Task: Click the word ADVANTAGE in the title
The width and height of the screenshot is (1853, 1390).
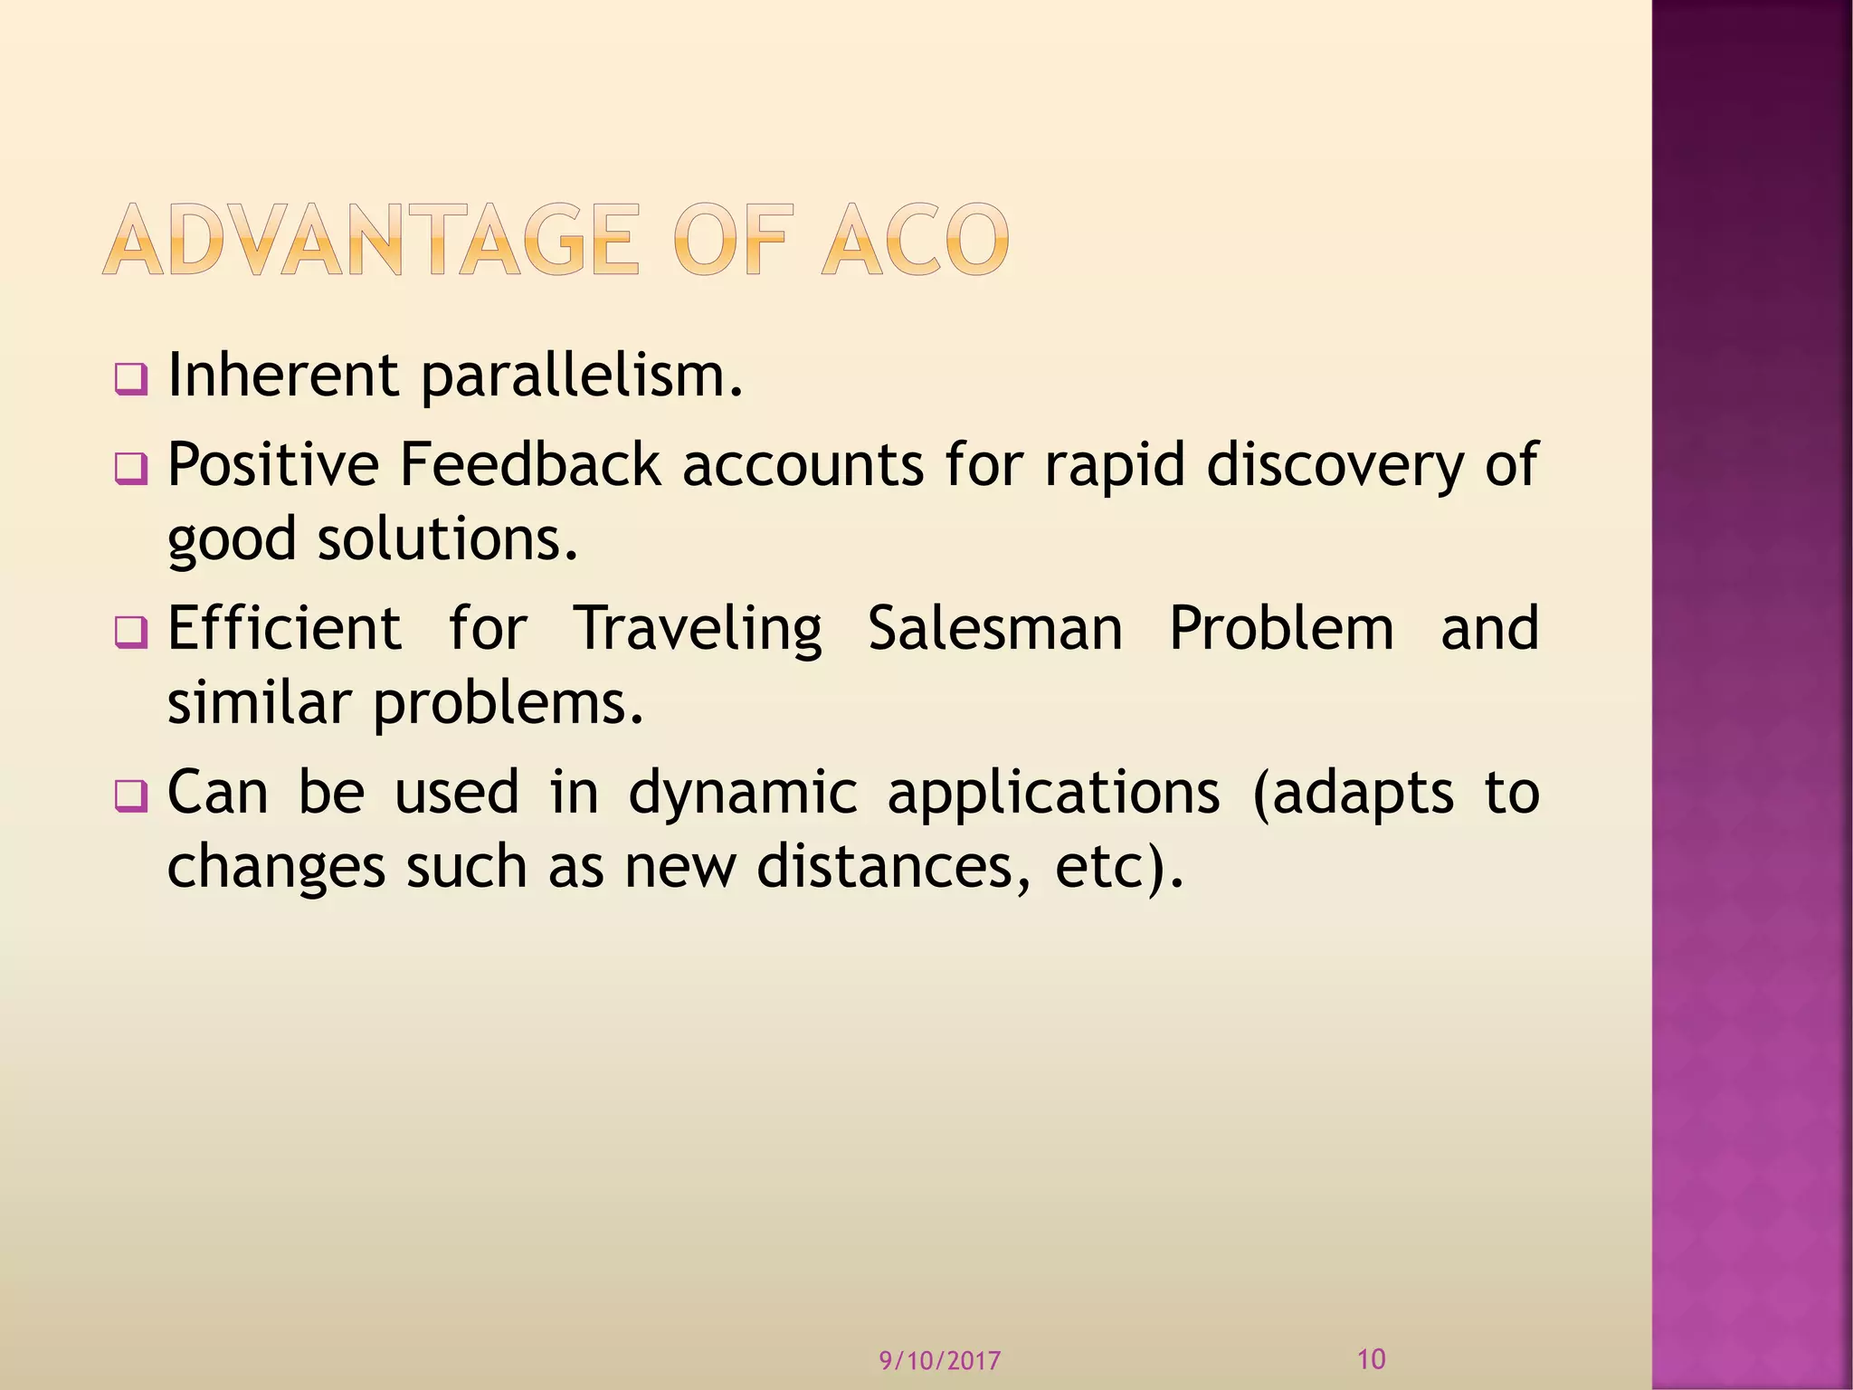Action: click(371, 240)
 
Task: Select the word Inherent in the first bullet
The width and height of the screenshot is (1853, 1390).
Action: click(283, 376)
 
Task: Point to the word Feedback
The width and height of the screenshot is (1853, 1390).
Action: click(530, 465)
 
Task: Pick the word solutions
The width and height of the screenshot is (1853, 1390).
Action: click(447, 539)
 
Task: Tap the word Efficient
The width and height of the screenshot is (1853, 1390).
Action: click(284, 628)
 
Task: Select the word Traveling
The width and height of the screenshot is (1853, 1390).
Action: click(698, 630)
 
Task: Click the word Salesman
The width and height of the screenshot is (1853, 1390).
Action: click(995, 628)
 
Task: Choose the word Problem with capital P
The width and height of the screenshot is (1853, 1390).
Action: click(1281, 628)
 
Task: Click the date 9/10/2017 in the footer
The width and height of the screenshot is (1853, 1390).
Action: click(940, 1361)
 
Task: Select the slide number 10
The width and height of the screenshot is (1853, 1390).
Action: click(1372, 1358)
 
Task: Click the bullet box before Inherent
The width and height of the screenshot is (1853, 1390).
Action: click(130, 379)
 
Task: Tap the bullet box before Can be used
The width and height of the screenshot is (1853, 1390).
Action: click(130, 796)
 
